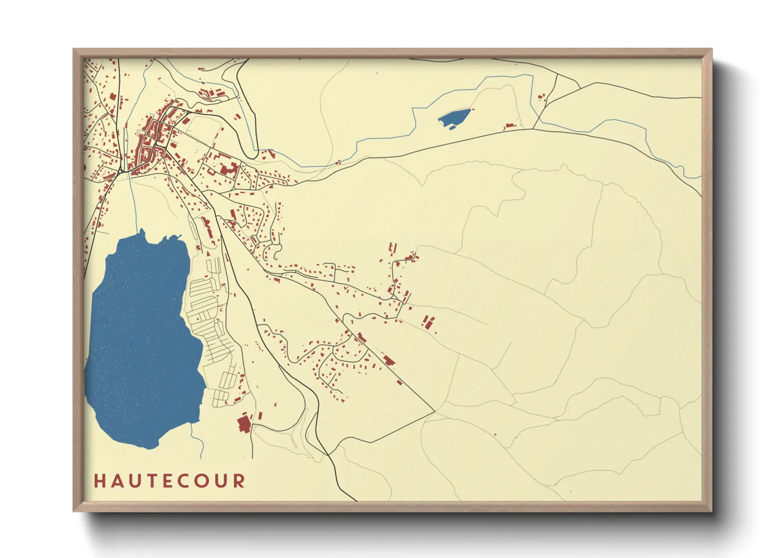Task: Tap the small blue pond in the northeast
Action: (x=454, y=118)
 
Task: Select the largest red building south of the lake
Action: (x=244, y=424)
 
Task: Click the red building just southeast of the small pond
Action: (x=509, y=127)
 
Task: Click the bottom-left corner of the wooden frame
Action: (x=74, y=510)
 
